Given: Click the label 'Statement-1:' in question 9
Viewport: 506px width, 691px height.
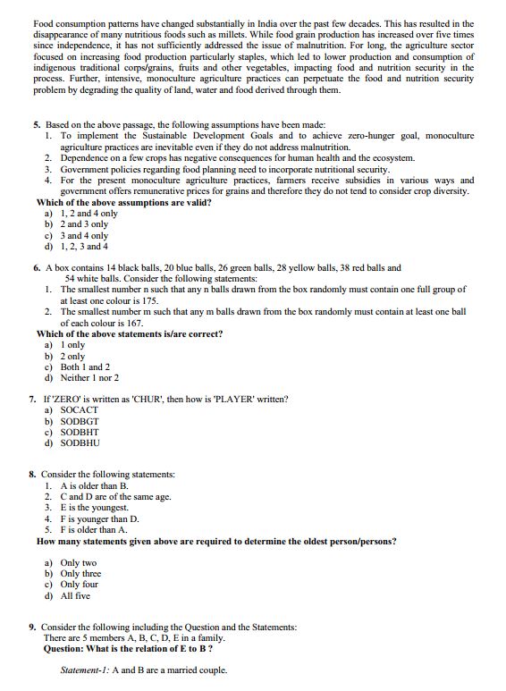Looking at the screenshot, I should (87, 670).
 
